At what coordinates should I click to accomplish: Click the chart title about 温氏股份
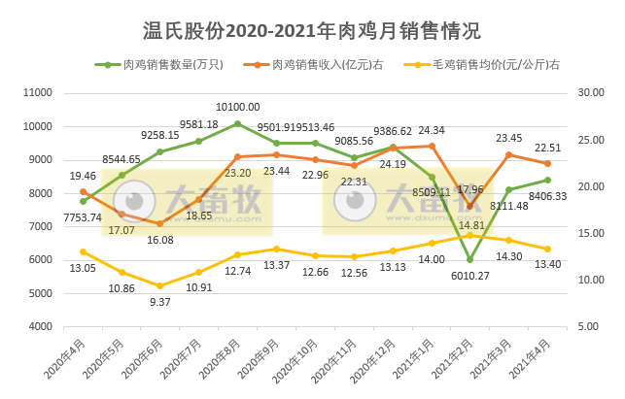click(x=312, y=31)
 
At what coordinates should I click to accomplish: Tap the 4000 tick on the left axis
click(x=41, y=327)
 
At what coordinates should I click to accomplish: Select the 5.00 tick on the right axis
click(x=587, y=327)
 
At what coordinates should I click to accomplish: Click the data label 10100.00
click(x=236, y=108)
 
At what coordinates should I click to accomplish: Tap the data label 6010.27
click(x=470, y=275)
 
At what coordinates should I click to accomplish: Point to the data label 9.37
click(x=159, y=301)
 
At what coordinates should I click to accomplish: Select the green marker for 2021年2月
click(x=470, y=259)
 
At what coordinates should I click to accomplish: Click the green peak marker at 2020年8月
click(x=237, y=123)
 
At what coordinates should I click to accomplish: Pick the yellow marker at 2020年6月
click(x=160, y=285)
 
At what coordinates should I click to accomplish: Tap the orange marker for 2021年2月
click(x=470, y=206)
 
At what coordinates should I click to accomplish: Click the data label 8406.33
click(x=548, y=196)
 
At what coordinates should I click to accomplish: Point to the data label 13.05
click(x=83, y=268)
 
